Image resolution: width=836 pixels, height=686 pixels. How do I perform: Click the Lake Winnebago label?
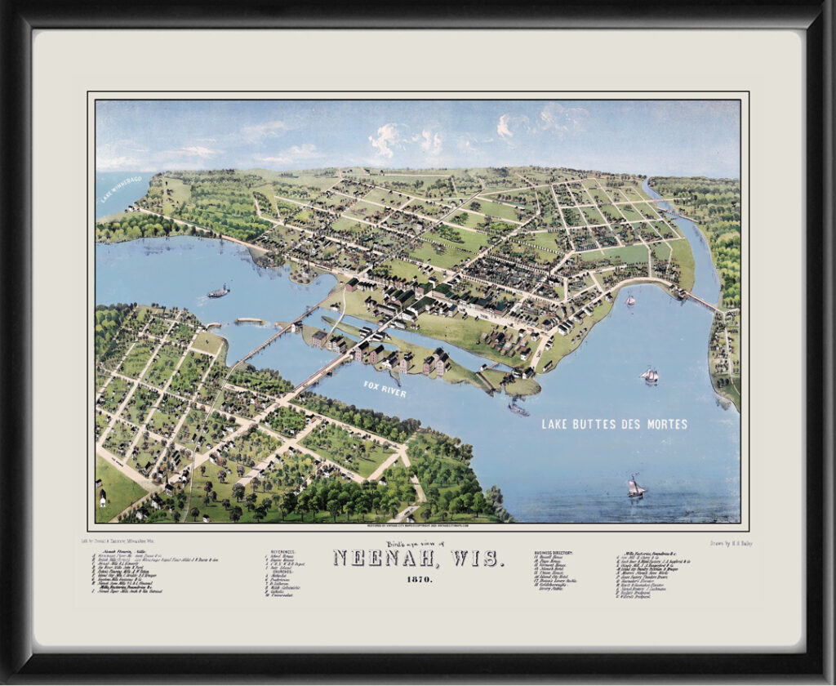click(x=121, y=187)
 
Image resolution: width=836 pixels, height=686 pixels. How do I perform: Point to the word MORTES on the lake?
click(x=665, y=424)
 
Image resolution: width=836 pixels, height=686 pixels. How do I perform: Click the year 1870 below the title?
click(x=417, y=579)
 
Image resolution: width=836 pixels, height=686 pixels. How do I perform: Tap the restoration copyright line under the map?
click(x=417, y=527)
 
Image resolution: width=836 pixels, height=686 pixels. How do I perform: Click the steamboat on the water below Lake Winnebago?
click(x=218, y=292)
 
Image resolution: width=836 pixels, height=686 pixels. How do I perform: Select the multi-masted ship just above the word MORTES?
click(x=649, y=376)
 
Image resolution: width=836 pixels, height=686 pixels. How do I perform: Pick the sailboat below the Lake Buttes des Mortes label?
click(x=636, y=488)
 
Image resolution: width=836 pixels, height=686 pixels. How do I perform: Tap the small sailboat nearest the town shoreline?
click(x=630, y=300)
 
